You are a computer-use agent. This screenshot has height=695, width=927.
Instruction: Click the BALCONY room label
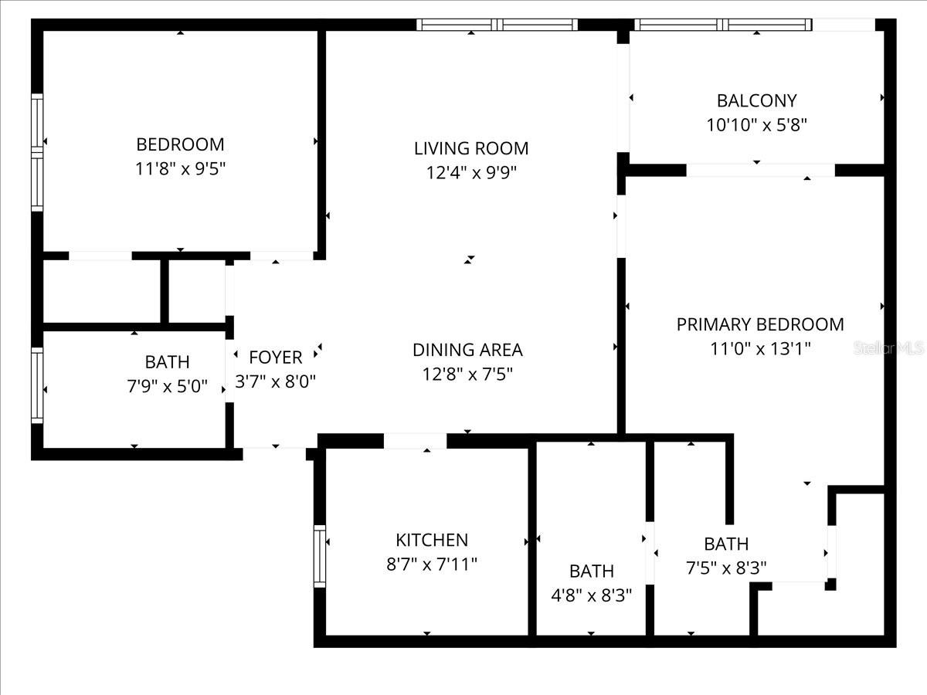[x=756, y=100]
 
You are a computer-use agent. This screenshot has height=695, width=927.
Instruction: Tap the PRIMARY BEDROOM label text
[x=760, y=324]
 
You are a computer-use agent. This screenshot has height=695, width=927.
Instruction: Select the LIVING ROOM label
[x=471, y=148]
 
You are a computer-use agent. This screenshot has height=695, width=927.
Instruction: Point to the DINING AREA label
[x=467, y=350]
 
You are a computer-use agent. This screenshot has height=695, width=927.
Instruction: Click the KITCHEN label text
[x=432, y=540]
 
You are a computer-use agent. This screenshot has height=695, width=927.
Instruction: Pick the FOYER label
[x=276, y=358]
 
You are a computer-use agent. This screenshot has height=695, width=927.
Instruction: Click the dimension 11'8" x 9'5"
[x=180, y=168]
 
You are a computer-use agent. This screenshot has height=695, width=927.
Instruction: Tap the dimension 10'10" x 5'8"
[x=756, y=124]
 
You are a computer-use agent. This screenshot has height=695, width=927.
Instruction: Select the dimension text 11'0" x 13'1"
[x=760, y=348]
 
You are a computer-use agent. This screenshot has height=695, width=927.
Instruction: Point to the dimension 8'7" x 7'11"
[x=432, y=564]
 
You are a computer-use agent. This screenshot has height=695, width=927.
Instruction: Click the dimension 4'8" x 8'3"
[x=592, y=595]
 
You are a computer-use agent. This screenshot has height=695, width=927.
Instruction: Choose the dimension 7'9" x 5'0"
[x=168, y=385]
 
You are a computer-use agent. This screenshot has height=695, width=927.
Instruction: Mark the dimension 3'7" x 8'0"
[x=276, y=381]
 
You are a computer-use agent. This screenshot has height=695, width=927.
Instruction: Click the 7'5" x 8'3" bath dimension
[x=726, y=568]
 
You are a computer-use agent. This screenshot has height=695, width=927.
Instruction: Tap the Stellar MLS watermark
[x=888, y=349]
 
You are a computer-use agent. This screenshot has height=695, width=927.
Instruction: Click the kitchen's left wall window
[x=320, y=556]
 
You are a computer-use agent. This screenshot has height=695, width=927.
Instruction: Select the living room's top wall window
[x=497, y=25]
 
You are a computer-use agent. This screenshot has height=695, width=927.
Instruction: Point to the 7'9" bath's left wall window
[x=37, y=385]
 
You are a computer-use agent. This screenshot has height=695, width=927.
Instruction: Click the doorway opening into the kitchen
[x=415, y=441]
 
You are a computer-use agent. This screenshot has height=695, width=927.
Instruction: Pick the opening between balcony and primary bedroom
[x=760, y=170]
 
